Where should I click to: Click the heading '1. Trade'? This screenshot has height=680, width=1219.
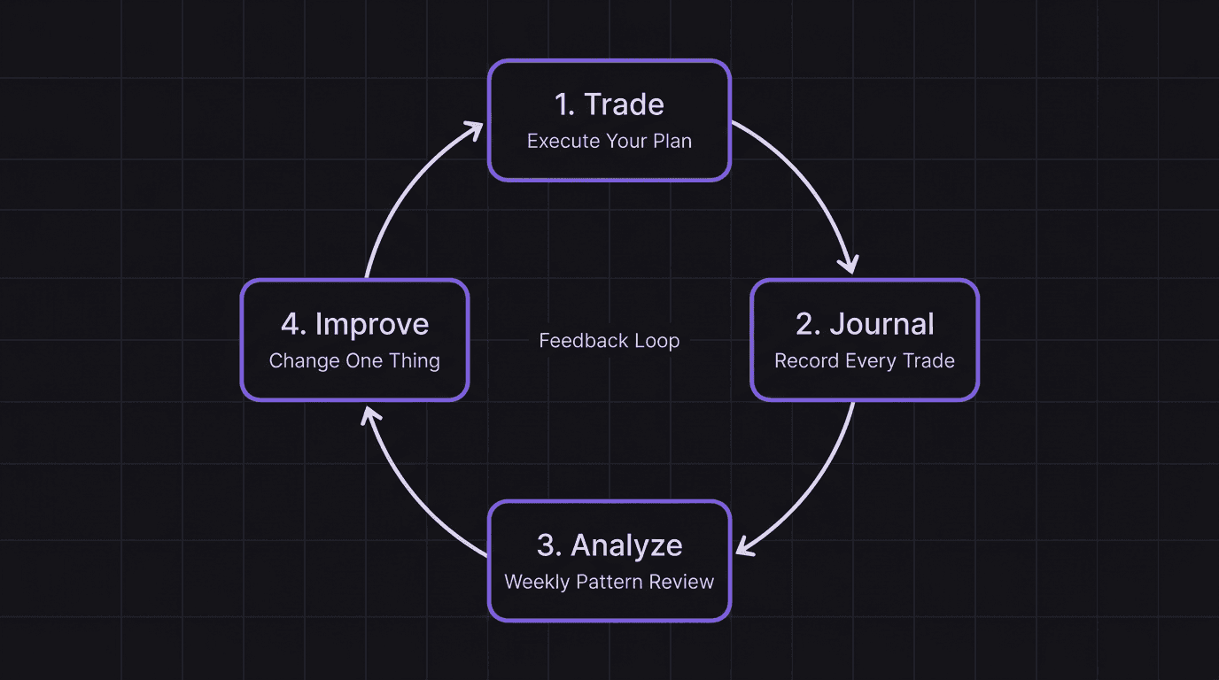point(609,104)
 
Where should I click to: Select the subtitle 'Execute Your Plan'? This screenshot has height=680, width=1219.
point(609,141)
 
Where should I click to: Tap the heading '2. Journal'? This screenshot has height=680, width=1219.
point(865,324)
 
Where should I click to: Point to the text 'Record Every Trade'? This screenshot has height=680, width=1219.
point(865,361)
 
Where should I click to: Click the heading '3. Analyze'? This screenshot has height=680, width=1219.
point(609,545)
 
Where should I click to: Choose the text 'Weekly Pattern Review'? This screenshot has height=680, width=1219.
point(609,582)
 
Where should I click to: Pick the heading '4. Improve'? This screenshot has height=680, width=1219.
point(354,324)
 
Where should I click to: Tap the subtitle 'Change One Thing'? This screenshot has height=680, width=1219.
point(354,361)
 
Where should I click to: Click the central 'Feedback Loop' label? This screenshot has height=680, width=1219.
point(609,341)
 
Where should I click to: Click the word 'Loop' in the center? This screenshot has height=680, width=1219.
point(656,341)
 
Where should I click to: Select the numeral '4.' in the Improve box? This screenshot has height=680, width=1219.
point(293,324)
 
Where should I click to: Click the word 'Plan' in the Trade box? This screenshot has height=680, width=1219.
point(672,141)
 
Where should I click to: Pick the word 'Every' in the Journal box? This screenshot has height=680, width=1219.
point(862,361)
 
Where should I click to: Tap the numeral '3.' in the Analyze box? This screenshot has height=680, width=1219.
point(549,545)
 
